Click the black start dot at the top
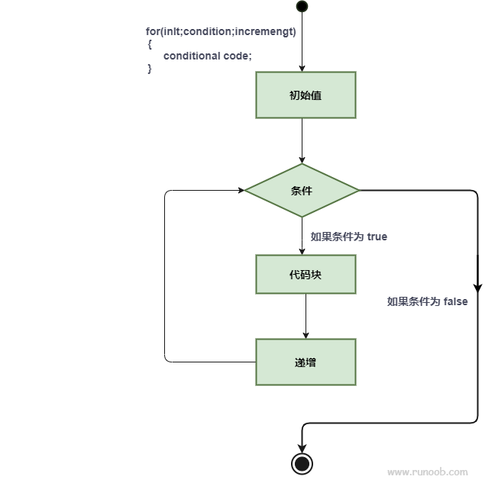(302, 7)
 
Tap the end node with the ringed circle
(302, 463)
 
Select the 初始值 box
(306, 95)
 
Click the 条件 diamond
(302, 191)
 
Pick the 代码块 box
(306, 275)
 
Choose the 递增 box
(306, 362)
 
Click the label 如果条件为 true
(348, 237)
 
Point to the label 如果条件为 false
(427, 301)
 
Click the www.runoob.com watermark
(427, 472)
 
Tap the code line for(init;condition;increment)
(221, 32)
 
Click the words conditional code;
(207, 56)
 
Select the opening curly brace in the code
(150, 44)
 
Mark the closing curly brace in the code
(150, 68)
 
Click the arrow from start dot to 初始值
(302, 42)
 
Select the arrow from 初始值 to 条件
(302, 141)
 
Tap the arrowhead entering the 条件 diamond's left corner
(240, 191)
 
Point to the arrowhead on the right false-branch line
(478, 288)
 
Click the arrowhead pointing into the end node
(302, 448)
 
